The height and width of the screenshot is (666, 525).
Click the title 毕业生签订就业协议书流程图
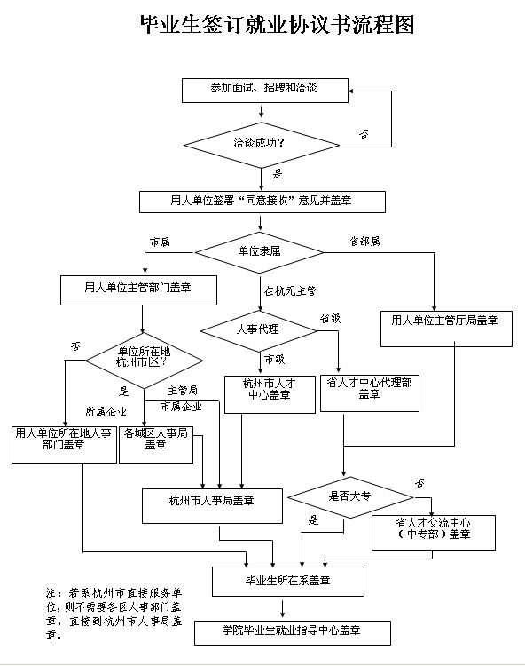point(277,25)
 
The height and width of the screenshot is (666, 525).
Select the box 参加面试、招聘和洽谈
point(265,91)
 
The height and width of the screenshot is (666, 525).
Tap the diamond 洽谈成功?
point(262,146)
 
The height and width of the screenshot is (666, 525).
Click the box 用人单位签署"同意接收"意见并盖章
point(262,202)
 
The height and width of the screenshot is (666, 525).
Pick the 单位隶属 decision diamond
point(259,252)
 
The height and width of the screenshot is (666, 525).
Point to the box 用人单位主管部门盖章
point(138,290)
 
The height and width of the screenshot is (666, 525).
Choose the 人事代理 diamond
point(259,331)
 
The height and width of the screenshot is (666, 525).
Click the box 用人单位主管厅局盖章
point(446,329)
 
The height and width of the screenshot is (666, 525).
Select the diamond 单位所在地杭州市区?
point(145,361)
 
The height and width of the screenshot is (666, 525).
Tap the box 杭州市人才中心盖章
point(270,394)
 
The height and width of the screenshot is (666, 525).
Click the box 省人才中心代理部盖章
point(370,393)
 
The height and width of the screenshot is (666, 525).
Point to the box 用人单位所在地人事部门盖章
point(64,445)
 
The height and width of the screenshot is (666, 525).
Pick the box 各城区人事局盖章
point(156,445)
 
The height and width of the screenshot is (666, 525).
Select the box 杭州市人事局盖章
point(212,506)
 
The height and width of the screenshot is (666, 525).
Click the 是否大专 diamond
point(350,497)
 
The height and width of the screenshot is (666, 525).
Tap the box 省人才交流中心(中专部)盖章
point(434,533)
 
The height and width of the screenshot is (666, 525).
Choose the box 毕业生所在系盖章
point(288,582)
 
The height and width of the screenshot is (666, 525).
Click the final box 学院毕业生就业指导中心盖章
point(292,633)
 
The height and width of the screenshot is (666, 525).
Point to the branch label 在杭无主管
point(290,291)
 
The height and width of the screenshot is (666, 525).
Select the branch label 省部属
point(364,242)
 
